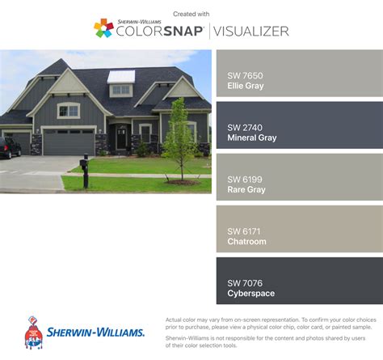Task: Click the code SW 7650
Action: pyautogui.click(x=245, y=76)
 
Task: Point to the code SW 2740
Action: pyautogui.click(x=245, y=128)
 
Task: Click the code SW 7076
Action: pyautogui.click(x=245, y=282)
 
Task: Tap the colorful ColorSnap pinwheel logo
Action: pyautogui.click(x=103, y=29)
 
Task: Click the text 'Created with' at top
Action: pyautogui.click(x=191, y=14)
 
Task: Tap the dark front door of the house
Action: pyautogui.click(x=122, y=138)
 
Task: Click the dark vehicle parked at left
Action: pyautogui.click(x=9, y=147)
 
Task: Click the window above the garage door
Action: pyautogui.click(x=69, y=110)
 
